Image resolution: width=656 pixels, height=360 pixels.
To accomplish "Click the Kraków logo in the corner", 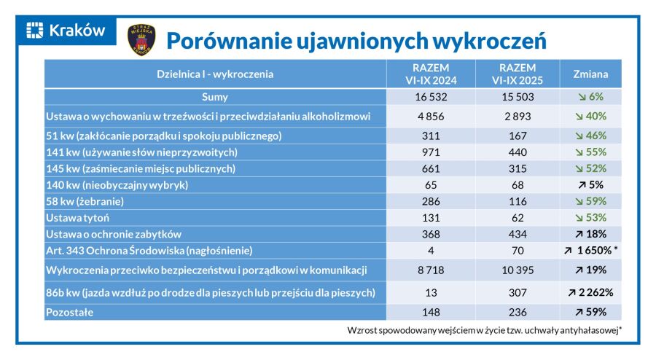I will [66, 31].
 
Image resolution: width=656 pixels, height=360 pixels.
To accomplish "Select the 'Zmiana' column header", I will [591, 74].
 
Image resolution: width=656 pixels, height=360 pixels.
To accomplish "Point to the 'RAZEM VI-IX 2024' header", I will [430, 74].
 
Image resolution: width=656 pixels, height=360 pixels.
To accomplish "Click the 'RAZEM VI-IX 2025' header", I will [518, 74].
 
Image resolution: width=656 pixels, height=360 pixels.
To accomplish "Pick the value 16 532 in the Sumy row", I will [430, 96].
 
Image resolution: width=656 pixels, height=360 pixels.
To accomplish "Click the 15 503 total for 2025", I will [518, 96].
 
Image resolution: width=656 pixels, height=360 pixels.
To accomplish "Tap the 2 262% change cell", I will [591, 292].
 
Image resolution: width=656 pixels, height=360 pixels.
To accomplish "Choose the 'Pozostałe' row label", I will [71, 312].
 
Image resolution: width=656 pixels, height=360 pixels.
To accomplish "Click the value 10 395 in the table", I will [518, 270].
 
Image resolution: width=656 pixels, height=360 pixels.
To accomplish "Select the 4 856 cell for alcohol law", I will [430, 116].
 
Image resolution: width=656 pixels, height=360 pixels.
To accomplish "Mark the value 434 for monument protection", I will [518, 234].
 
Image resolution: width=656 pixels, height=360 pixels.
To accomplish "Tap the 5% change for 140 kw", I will [591, 184].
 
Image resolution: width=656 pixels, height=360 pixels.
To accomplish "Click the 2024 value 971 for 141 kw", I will [430, 152].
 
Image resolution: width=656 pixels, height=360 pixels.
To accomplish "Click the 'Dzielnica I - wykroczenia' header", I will [215, 74].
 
